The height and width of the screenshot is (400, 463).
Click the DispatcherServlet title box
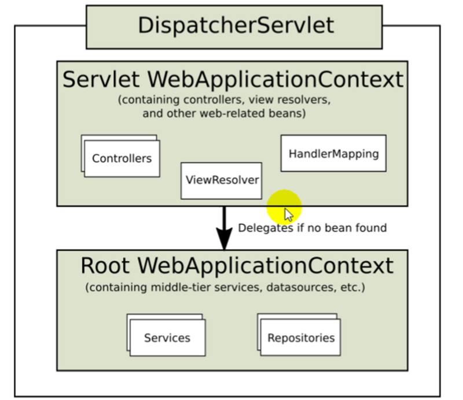[x=234, y=27]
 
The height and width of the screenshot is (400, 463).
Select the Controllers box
[x=122, y=158]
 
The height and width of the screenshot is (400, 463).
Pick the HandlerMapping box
[x=333, y=154]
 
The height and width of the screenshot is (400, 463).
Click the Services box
[x=167, y=338]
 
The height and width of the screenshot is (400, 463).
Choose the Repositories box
[x=300, y=338]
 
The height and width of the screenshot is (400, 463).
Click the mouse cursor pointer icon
[x=289, y=215]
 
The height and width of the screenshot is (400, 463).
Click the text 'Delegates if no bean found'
[x=312, y=228]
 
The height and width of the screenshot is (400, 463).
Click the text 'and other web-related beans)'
[x=224, y=113]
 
